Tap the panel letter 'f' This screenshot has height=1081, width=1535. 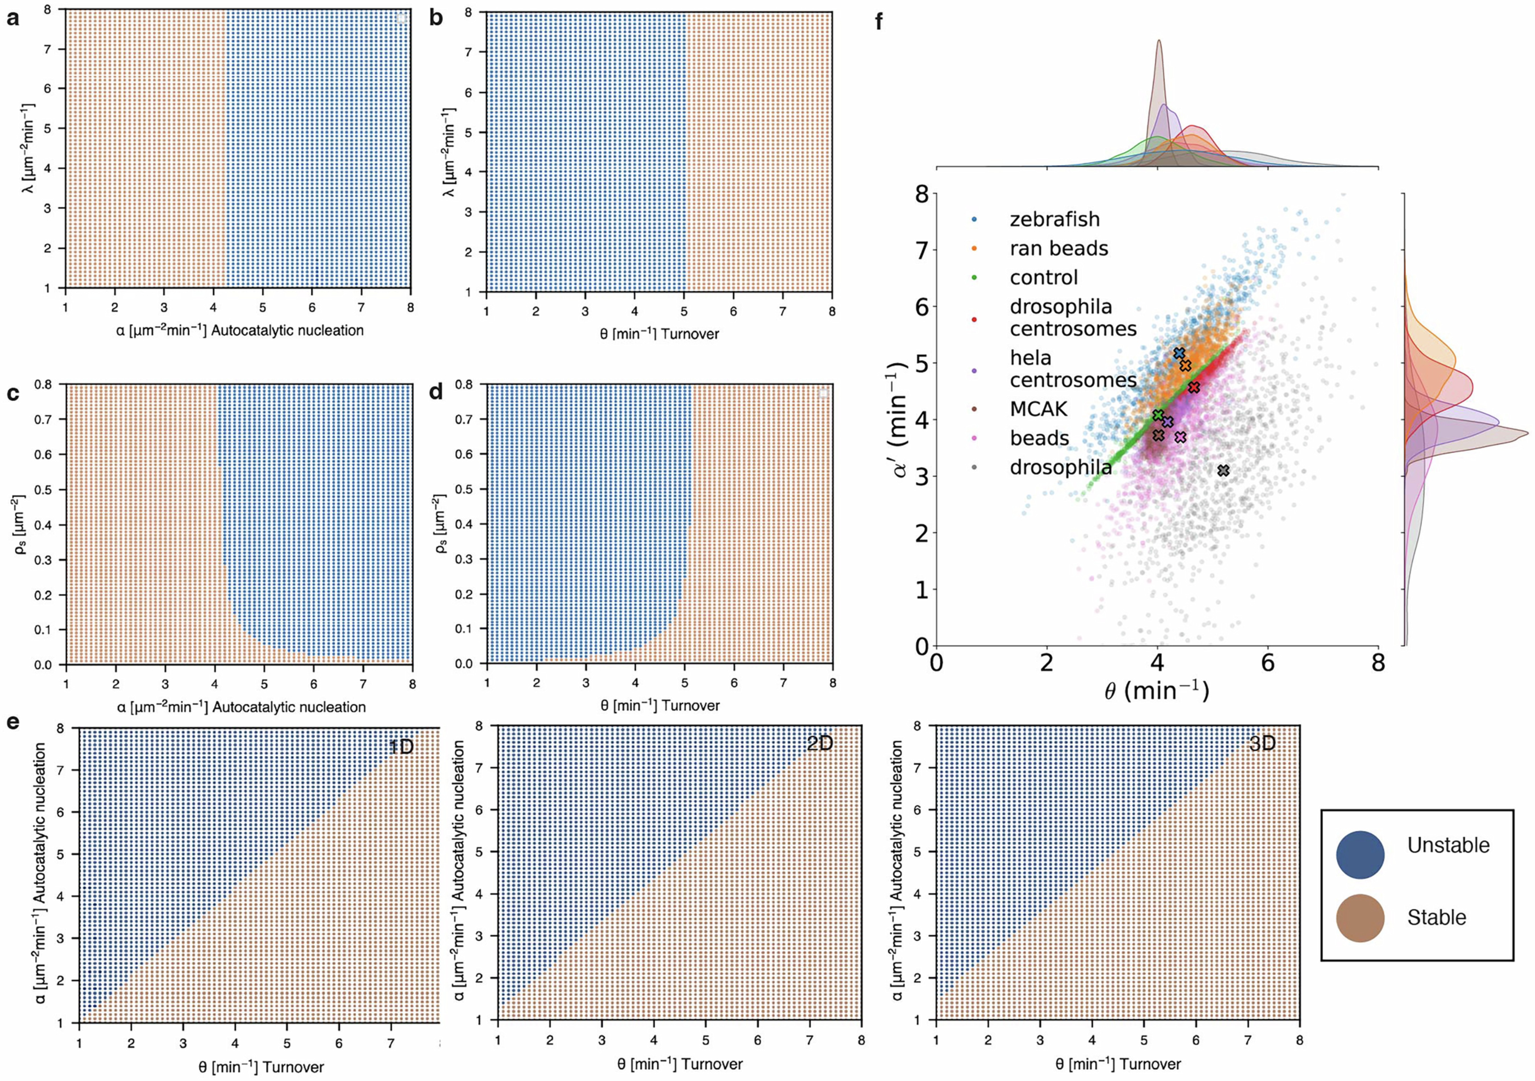tap(878, 22)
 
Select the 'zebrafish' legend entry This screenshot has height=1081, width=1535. tap(1054, 219)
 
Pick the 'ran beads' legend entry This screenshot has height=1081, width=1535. tap(1058, 249)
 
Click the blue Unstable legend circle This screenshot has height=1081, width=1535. tap(1360, 854)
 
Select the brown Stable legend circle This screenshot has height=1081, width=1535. tap(1360, 918)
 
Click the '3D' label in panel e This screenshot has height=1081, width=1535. tap(1262, 744)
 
